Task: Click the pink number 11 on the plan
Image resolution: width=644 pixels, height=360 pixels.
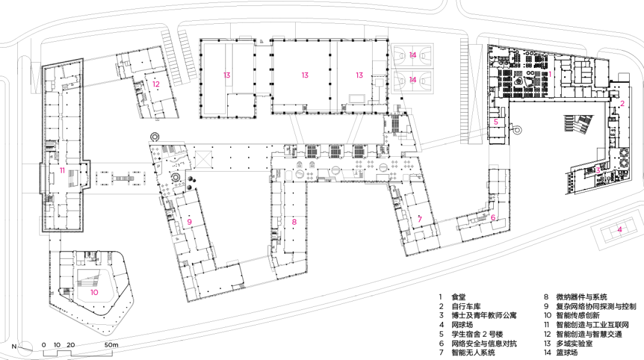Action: click(61, 170)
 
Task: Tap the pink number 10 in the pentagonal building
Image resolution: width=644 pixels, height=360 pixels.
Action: click(94, 292)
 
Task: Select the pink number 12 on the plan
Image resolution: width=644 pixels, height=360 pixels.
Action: click(156, 84)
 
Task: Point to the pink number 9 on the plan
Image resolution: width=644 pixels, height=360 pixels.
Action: click(189, 222)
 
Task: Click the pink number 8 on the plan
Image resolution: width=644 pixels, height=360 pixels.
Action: click(294, 222)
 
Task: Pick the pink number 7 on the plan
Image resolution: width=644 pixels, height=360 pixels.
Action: click(420, 219)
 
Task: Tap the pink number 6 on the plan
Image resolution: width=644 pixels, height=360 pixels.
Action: click(493, 218)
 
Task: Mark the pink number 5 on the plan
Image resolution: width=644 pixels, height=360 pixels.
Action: click(496, 122)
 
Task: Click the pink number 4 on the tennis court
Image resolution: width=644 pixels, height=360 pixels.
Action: click(620, 229)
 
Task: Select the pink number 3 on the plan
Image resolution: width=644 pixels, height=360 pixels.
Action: click(597, 171)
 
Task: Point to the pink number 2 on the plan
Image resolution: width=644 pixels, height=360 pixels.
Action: click(621, 104)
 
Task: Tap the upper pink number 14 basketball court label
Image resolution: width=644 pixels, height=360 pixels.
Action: click(413, 55)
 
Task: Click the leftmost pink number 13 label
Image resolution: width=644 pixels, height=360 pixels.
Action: click(227, 75)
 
